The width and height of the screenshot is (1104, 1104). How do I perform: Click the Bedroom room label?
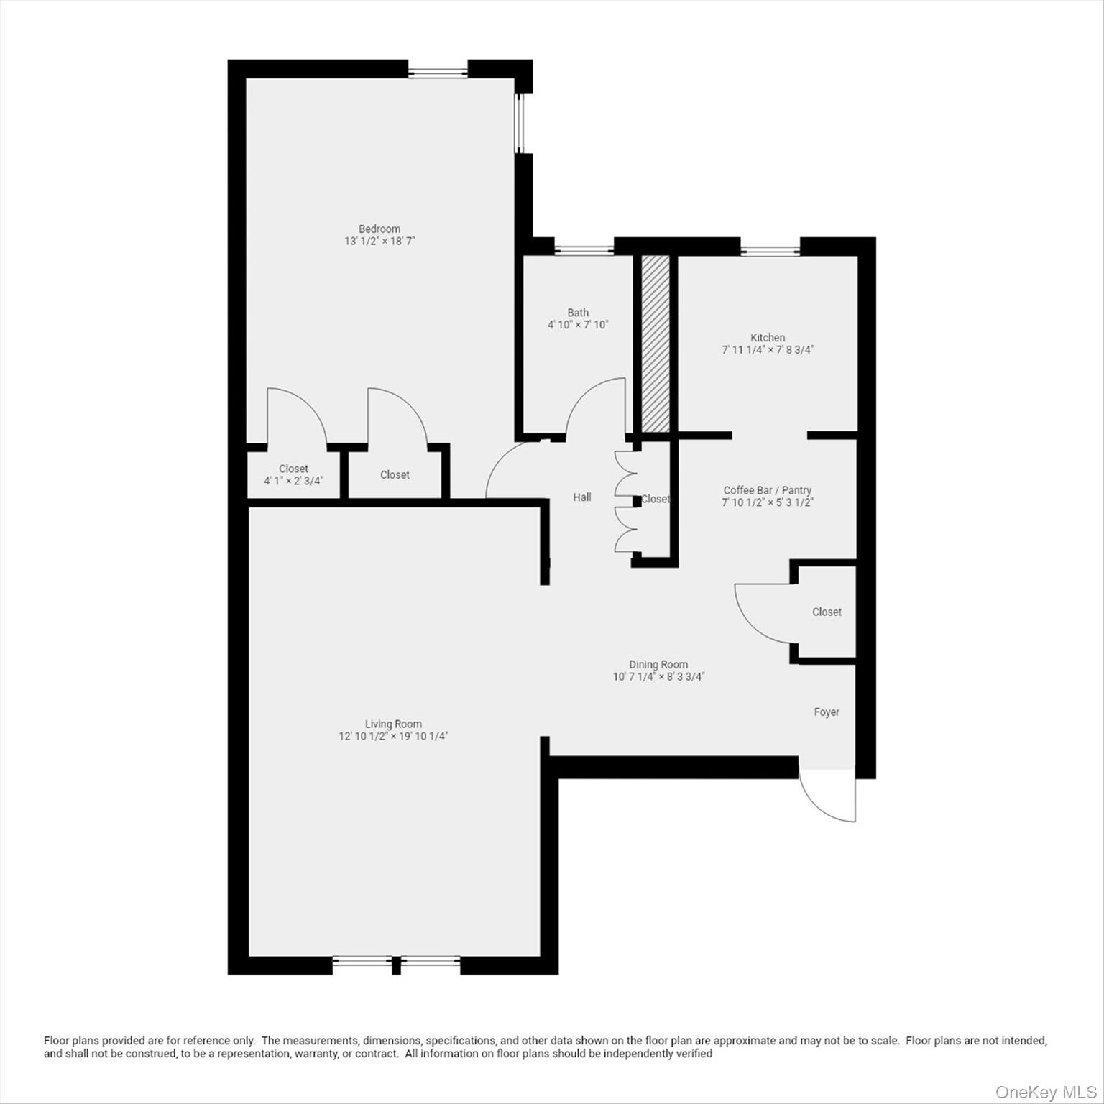coord(379,229)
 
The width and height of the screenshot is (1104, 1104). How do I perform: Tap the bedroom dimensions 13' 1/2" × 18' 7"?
coord(379,241)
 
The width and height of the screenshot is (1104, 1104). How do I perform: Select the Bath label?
coord(578,313)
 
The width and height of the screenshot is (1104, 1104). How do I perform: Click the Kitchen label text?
coord(768,338)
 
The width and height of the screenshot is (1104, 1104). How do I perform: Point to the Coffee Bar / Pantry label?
coord(767,490)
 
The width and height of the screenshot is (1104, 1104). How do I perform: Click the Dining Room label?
coord(658,665)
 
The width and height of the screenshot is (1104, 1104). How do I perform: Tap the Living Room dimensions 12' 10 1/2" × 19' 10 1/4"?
coord(393,736)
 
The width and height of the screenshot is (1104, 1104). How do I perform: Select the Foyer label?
coord(827,712)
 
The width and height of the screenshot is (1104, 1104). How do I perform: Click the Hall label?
coord(582,497)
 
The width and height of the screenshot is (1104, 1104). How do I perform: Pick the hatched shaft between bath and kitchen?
coord(655,344)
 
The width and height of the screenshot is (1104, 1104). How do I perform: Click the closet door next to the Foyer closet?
coord(762,615)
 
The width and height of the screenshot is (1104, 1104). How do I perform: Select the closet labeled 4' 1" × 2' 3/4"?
coord(293,474)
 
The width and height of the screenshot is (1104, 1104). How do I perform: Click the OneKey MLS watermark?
coord(1046,1092)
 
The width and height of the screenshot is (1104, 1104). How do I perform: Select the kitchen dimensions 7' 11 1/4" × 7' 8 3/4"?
coord(768,350)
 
